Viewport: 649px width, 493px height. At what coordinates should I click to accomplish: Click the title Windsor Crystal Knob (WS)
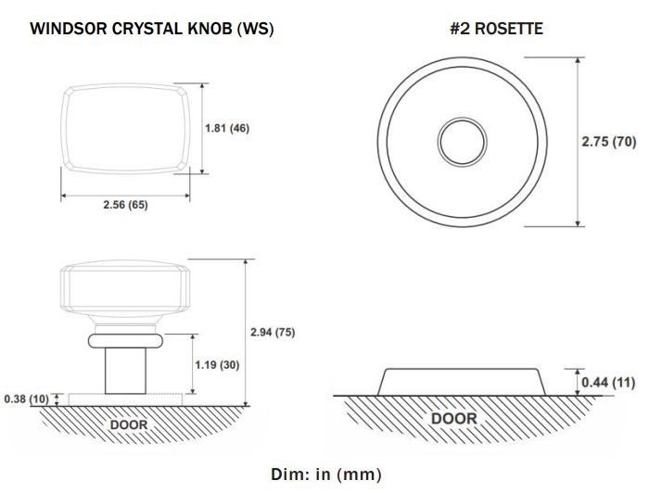[x=152, y=29]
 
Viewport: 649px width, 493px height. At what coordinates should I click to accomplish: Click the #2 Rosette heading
[x=496, y=29]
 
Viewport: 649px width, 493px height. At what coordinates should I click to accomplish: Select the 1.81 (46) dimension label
[x=227, y=128]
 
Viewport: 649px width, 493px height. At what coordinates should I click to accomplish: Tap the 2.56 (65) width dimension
[x=125, y=205]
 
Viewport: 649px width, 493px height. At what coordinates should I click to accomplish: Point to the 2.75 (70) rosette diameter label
[x=609, y=142]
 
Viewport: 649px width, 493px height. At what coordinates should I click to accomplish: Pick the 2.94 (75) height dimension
[x=273, y=332]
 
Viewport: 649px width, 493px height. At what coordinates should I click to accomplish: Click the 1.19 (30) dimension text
[x=217, y=365]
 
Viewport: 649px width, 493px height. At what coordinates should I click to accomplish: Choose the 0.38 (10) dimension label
[x=26, y=399]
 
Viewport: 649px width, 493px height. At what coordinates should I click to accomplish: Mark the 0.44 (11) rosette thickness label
[x=608, y=382]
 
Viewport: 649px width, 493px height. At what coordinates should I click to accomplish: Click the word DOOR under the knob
[x=129, y=424]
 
